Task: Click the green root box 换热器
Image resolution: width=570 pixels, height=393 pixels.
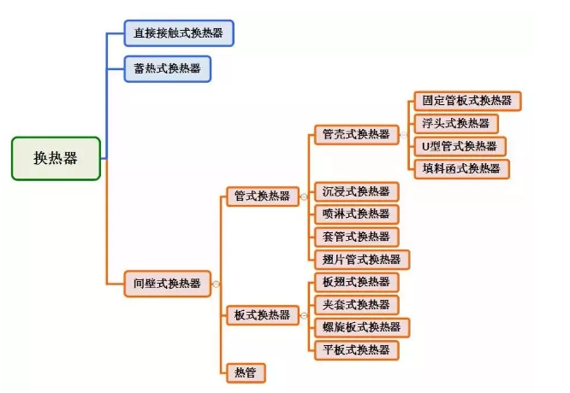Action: [56, 158]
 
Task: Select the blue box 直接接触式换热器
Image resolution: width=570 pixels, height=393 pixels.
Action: [179, 34]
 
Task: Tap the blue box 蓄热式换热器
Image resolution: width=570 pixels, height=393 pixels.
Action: [167, 68]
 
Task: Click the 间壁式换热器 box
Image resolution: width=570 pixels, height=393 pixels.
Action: [167, 283]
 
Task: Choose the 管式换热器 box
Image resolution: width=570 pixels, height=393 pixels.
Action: [262, 196]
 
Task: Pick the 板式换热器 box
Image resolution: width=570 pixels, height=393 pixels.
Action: [262, 315]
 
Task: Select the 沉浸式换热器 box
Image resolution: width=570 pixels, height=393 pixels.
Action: [356, 191]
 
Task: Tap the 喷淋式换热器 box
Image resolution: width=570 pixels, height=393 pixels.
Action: [356, 214]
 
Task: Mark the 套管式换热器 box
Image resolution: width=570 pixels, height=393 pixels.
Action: [356, 237]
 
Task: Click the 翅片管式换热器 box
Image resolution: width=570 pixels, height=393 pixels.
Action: [362, 259]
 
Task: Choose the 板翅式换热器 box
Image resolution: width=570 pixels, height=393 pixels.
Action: [356, 282]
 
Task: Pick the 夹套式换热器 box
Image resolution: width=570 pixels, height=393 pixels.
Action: [356, 304]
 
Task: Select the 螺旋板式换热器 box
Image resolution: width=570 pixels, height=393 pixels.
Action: [362, 327]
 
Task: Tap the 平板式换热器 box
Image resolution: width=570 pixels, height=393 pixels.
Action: [356, 349]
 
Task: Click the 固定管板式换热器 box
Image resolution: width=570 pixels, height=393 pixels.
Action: [466, 101]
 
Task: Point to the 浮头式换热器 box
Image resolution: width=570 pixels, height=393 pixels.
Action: [455, 123]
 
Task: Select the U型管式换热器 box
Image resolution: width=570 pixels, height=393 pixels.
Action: [459, 145]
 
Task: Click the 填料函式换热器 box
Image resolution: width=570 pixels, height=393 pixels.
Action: [460, 168]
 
